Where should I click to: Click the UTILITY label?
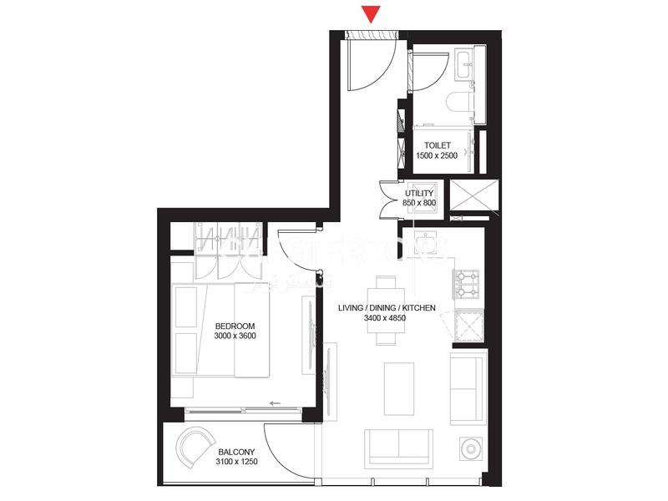point(419,193)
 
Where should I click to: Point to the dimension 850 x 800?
point(419,203)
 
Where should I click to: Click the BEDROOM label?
point(235,326)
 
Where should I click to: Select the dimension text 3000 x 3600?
point(235,336)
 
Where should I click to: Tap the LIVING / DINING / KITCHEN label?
point(387,308)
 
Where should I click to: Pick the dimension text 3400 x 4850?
point(387,318)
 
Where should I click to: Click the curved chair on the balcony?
point(196,448)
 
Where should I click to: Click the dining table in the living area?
point(386,310)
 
